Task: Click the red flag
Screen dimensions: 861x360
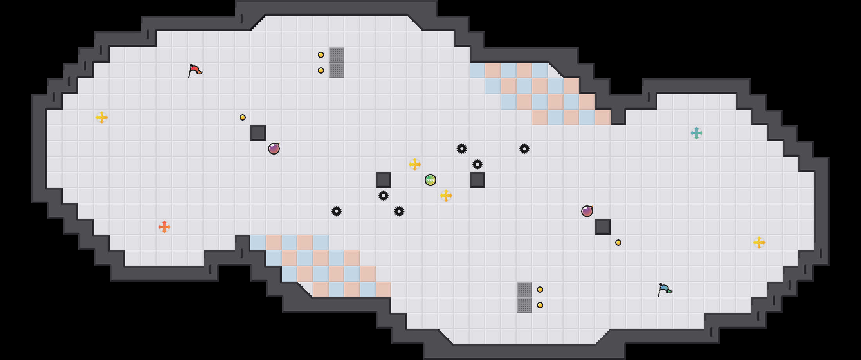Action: pos(195,70)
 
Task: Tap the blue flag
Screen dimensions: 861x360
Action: pos(665,290)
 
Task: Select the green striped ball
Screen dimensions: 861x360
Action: pos(430,180)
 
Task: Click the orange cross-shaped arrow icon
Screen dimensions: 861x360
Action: pos(164,227)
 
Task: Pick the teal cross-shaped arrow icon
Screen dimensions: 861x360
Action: pos(697,133)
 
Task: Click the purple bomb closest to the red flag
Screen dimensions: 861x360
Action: pos(274,149)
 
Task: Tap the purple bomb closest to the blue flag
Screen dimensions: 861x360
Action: pos(587,211)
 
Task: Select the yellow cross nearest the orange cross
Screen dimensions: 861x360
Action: pos(102,117)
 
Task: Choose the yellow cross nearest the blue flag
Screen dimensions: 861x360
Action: pos(759,243)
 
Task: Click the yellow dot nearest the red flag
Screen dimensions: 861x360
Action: pos(243,117)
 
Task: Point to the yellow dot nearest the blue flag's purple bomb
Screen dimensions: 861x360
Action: pos(618,243)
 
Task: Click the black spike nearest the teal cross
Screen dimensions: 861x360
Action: pos(524,149)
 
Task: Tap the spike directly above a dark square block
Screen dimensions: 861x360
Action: pos(477,164)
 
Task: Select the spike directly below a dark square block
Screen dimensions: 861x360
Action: pos(384,196)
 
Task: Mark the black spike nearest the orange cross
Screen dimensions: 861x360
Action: pos(337,211)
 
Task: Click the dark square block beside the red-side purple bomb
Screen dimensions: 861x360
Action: pos(258,133)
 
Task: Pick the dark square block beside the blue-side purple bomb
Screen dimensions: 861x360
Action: pos(603,227)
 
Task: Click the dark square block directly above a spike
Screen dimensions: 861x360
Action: pos(384,180)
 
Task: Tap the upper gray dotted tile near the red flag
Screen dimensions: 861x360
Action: pos(337,55)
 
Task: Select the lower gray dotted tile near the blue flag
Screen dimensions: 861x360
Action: pos(524,305)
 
